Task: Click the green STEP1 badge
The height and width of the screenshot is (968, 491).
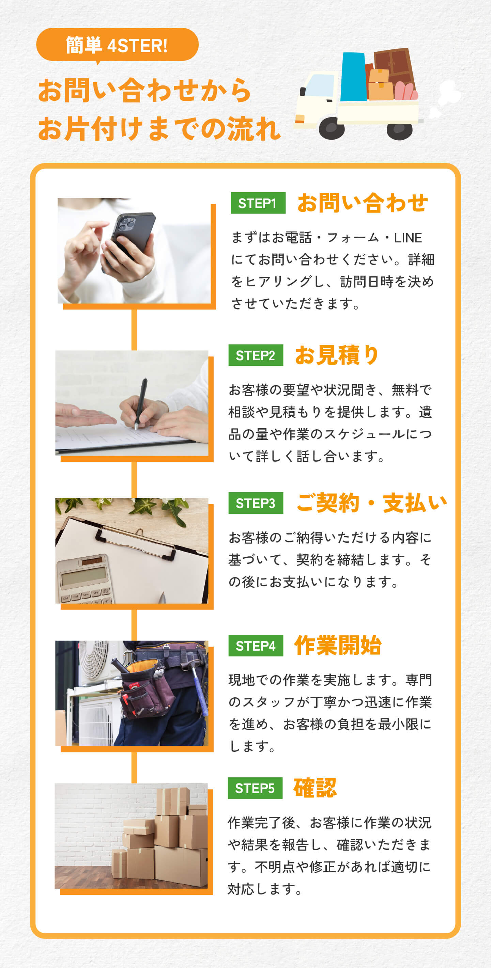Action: [x=258, y=203]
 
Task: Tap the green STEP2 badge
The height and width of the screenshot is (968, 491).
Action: [x=256, y=355]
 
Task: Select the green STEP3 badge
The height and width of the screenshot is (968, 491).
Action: [x=256, y=503]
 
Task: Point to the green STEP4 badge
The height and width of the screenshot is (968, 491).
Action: [x=256, y=646]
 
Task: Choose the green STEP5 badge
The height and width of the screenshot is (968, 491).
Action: [x=255, y=788]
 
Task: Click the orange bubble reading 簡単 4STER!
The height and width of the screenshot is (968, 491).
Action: [x=117, y=45]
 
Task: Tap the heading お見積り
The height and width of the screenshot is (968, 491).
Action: [x=337, y=355]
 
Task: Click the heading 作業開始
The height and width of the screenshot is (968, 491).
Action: [x=338, y=646]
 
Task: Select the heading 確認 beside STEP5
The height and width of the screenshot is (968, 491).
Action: [x=315, y=788]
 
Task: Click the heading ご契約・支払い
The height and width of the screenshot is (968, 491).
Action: [x=371, y=503]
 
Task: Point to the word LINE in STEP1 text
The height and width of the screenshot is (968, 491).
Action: [x=408, y=238]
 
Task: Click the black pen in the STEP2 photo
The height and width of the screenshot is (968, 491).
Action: [x=141, y=403]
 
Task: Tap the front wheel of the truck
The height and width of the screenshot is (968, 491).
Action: [x=332, y=128]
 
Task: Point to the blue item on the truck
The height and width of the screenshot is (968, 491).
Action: [x=353, y=77]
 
